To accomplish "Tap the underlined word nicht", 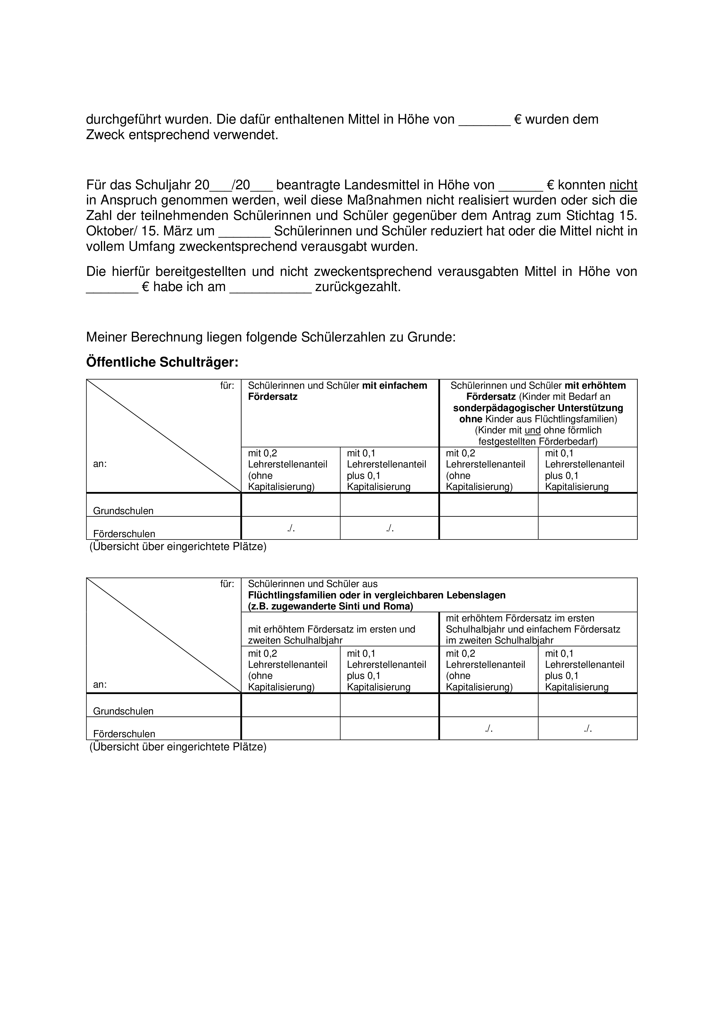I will point(623,185).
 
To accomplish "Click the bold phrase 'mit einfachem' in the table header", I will point(394,386).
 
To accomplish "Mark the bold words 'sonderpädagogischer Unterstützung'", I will point(538,408).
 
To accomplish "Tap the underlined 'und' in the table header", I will point(533,430).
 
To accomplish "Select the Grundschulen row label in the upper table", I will point(123,511).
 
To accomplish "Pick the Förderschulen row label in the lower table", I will point(124,734).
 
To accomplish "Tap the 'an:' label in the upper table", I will point(100,464).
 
